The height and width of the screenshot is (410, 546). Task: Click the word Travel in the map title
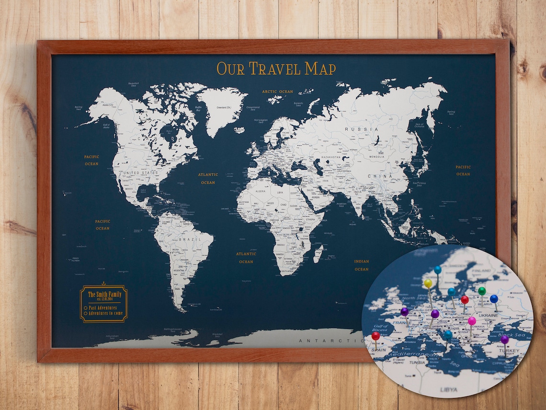(x=276, y=69)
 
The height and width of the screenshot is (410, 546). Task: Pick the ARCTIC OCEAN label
(x=277, y=92)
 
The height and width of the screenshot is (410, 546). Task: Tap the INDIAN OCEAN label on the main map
(x=362, y=265)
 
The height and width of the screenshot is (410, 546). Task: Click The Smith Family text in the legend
(x=104, y=294)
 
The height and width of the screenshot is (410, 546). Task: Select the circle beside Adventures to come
(x=85, y=313)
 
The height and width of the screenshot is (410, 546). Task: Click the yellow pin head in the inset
(x=428, y=283)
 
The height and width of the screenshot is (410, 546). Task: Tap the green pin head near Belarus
(x=482, y=291)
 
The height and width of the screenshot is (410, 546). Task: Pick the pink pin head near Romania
(x=472, y=321)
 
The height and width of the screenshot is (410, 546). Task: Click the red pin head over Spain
(x=375, y=336)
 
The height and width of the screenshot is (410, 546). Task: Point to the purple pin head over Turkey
(x=504, y=339)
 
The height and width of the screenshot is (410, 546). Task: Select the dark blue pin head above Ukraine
(x=494, y=299)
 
